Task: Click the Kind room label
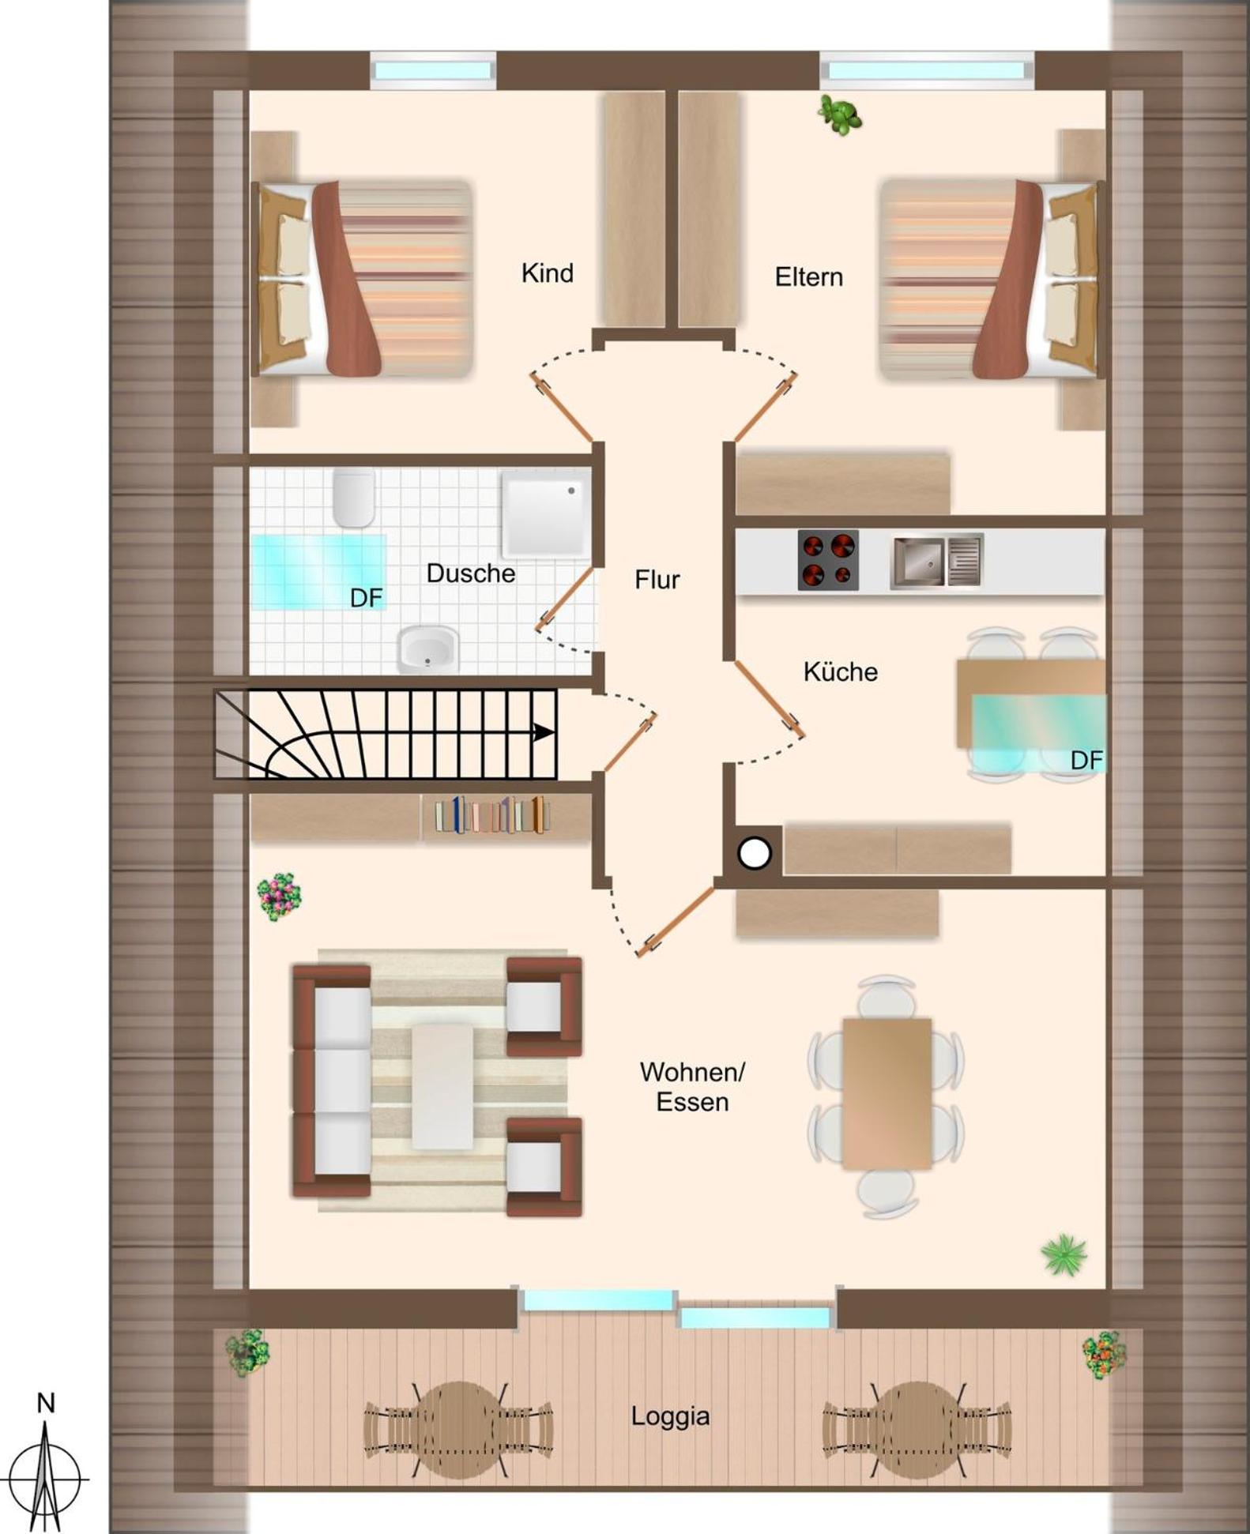pos(547,273)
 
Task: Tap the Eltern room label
pos(808,277)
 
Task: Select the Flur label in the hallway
pos(657,580)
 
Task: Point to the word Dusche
pos(470,573)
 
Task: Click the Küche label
pos(840,671)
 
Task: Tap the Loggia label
pos(670,1416)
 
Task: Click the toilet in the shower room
pos(353,498)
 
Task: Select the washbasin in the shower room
pos(427,649)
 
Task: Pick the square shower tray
pos(545,513)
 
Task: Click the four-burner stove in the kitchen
pos(828,560)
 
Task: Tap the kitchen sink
pos(936,562)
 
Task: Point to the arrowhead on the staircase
pos(544,732)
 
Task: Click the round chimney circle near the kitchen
pos(754,853)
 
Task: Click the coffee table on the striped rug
pos(442,1087)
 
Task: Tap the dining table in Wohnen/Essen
pos(887,1093)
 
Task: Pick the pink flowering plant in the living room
pos(280,897)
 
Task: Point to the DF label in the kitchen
pos(1086,760)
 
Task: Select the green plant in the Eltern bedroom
pos(840,115)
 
